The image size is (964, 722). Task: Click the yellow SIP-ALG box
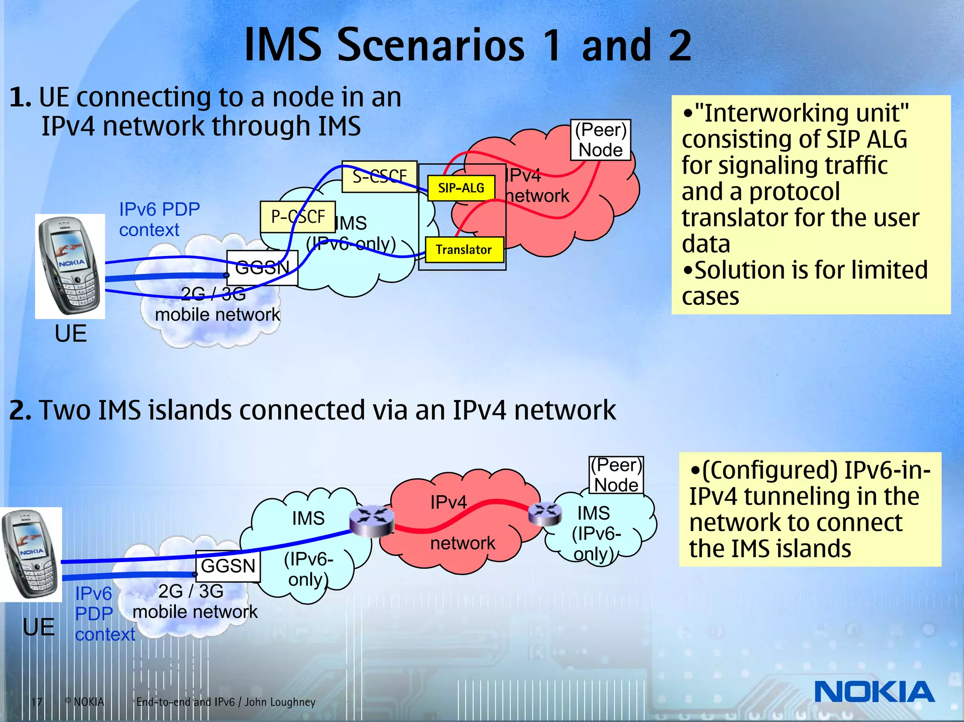coord(461,188)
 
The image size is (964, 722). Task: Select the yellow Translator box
coord(464,249)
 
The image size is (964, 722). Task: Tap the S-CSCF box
coord(379,177)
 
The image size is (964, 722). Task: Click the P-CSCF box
coord(297,217)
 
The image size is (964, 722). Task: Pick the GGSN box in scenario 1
coord(262,268)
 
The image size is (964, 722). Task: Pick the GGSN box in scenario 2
coord(228,566)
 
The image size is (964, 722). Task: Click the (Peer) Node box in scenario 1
coord(600,140)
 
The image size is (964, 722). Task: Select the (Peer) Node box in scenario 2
coord(616,475)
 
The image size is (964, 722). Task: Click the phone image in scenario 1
coord(70,266)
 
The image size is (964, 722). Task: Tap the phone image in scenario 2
coord(31,554)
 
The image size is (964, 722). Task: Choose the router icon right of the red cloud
coord(545,513)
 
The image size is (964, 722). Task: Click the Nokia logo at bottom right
coord(874,692)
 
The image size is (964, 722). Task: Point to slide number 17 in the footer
coord(37,702)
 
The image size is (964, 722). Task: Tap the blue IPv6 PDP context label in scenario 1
coord(159,219)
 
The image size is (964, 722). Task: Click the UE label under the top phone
coord(71,333)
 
